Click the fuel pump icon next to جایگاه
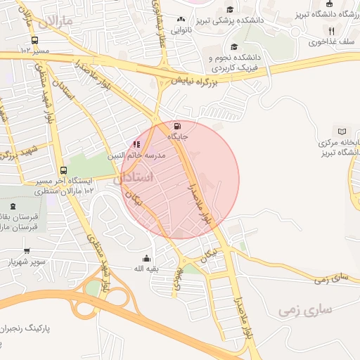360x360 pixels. (174, 127)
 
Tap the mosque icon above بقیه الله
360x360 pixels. (146, 258)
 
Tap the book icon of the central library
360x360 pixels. (342, 131)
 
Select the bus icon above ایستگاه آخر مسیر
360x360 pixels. (64, 170)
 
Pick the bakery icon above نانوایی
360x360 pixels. (181, 19)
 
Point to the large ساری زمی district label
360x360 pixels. (305, 309)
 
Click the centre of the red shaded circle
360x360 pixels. (181, 179)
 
